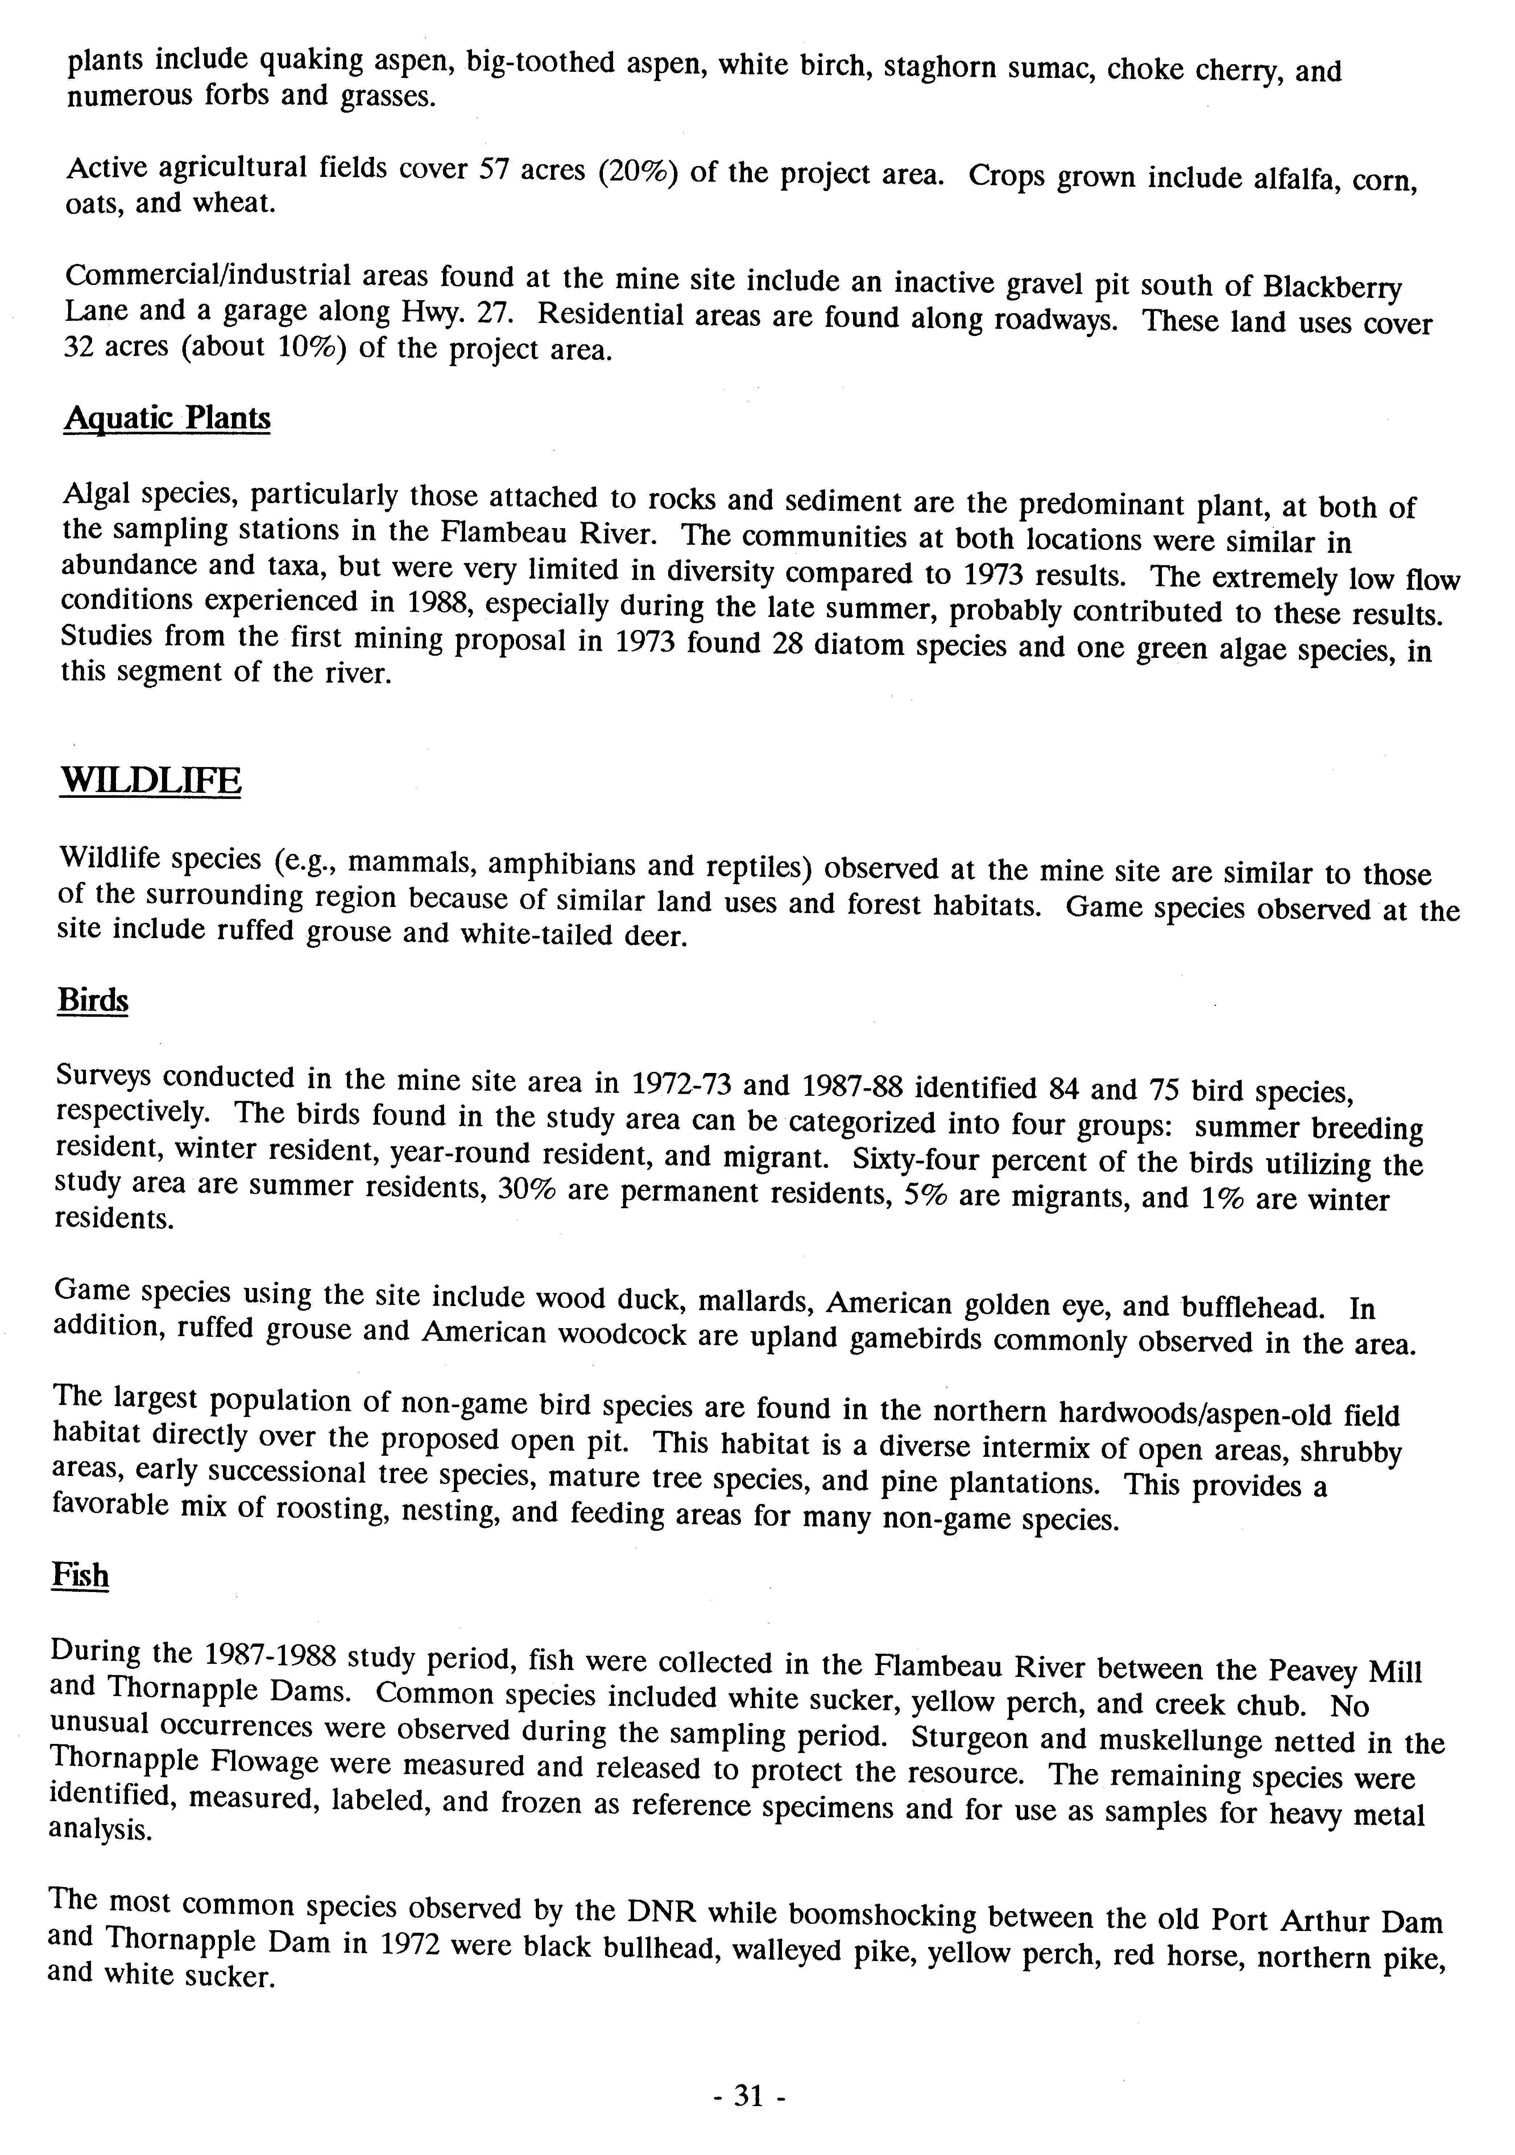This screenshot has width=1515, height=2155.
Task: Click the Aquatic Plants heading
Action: (167, 419)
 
